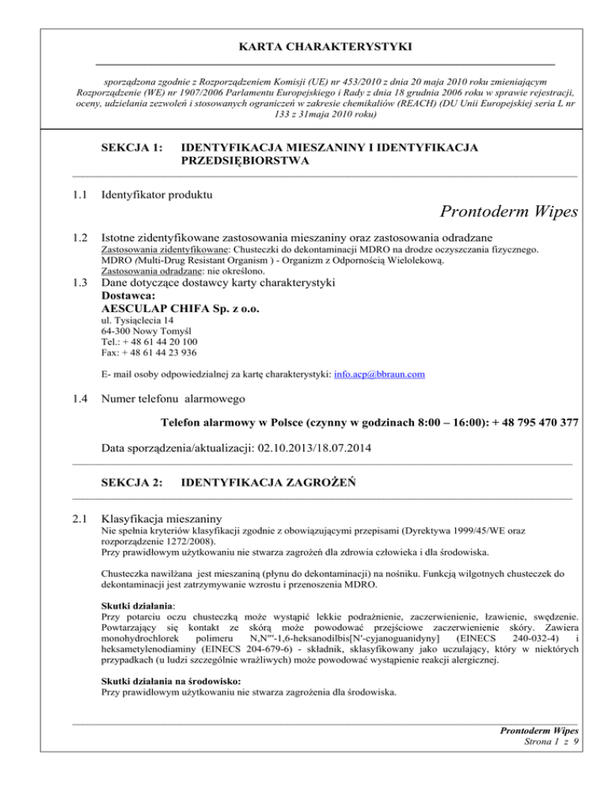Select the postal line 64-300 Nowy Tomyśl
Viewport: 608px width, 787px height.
coord(147,332)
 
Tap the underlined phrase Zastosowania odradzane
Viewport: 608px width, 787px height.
coord(150,271)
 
